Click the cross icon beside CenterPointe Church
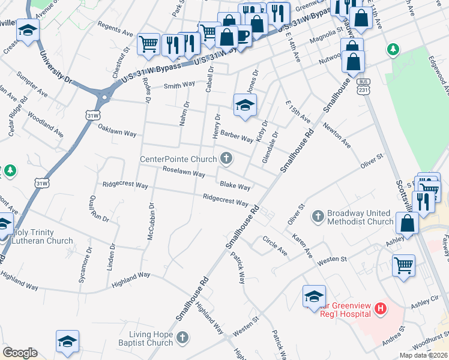coord(226,159)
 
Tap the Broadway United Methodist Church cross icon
coord(318,214)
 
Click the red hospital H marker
coord(379,309)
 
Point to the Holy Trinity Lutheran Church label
coord(41,236)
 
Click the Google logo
coord(20,353)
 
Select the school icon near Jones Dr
coord(245,105)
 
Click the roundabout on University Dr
coord(104,95)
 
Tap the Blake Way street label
coord(235,187)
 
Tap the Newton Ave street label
coord(336,136)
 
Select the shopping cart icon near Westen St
coord(403,265)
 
